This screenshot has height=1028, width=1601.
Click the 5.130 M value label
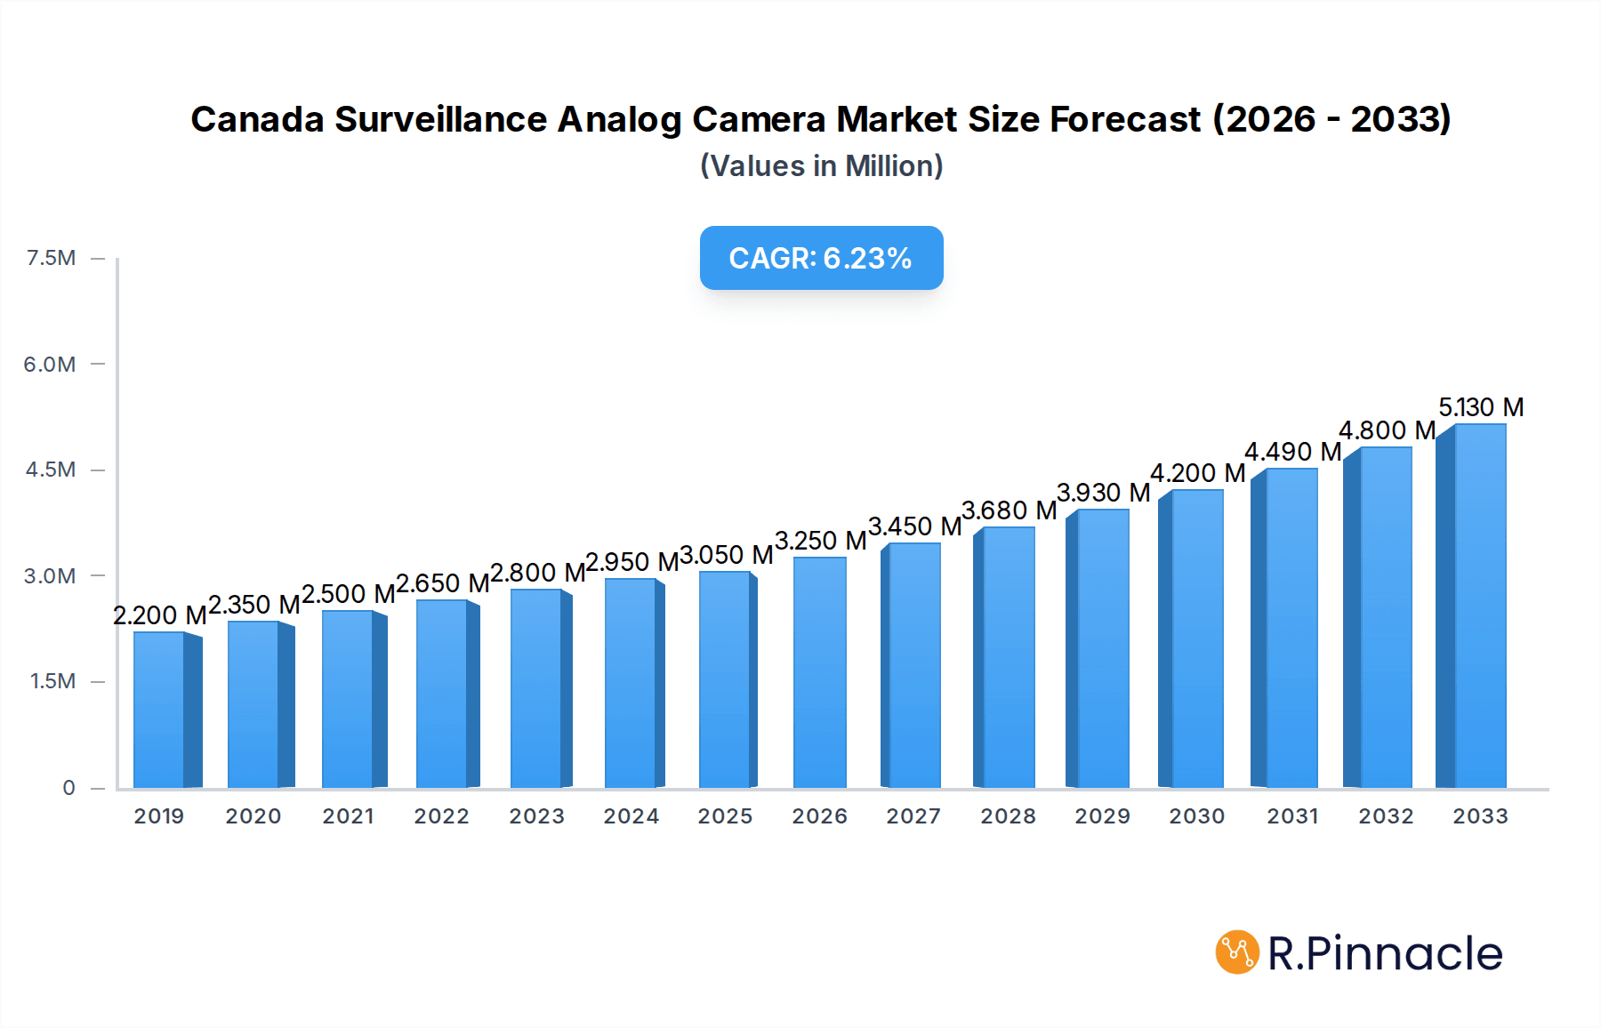(1481, 407)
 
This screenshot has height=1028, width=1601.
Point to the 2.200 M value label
(160, 615)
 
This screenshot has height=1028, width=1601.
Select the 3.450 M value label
(914, 526)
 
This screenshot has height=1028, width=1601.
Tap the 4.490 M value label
(1292, 452)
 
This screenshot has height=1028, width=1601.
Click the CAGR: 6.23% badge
(821, 258)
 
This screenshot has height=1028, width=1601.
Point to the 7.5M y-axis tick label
(52, 258)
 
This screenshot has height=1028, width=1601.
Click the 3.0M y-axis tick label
(50, 575)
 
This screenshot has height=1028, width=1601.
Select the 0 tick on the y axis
(68, 788)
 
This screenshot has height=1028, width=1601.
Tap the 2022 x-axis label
(442, 816)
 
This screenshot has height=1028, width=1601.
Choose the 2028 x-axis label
(1008, 816)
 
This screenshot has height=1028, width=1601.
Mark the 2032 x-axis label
(1386, 816)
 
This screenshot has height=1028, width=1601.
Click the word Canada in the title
(257, 119)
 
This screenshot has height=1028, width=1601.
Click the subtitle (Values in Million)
(821, 166)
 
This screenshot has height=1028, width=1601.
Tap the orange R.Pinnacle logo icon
(1237, 952)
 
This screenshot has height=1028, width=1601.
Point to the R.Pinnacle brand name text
(1385, 953)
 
